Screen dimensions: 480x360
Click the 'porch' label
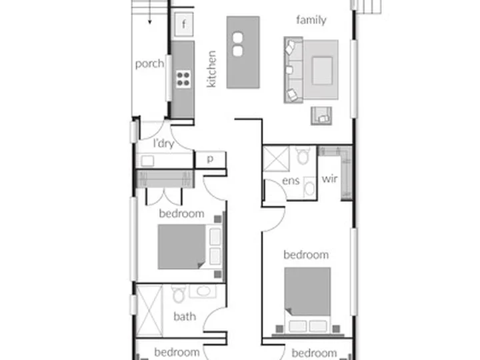[x=149, y=64]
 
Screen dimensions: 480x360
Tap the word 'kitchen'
[x=211, y=69]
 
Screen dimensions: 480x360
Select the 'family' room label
[x=311, y=20]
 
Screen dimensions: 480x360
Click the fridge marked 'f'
[x=184, y=24]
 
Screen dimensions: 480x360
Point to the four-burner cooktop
[x=183, y=79]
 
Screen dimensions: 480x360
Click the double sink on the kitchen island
[x=237, y=45]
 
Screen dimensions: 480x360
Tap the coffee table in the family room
[x=322, y=71]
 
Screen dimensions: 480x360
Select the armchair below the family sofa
[x=321, y=116]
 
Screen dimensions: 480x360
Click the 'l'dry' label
[x=164, y=143]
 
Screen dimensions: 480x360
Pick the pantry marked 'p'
[x=210, y=159]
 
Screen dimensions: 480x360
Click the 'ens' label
[x=291, y=181]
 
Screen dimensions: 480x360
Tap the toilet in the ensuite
[x=303, y=155]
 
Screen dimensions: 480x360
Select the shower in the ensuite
[x=276, y=159]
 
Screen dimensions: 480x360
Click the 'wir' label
[x=329, y=179]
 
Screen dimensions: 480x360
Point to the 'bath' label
[x=185, y=316]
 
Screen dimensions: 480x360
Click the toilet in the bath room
[x=178, y=293]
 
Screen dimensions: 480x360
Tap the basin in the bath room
[x=203, y=291]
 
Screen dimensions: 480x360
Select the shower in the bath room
[x=149, y=311]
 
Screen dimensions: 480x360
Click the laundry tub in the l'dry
[x=147, y=161]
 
